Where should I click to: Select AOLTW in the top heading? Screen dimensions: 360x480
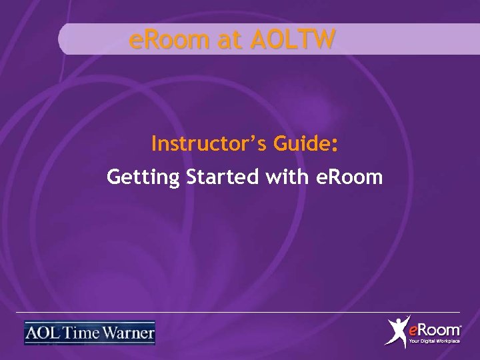[293, 41]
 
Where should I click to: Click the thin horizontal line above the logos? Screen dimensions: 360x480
[240, 312]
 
